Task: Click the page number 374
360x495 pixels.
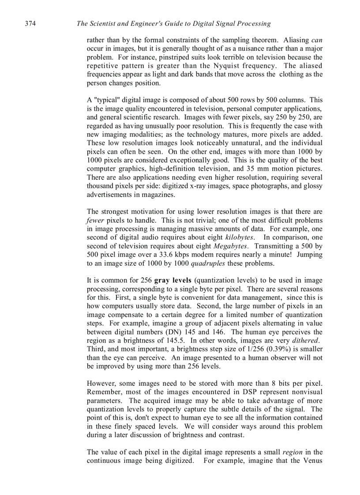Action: pyautogui.click(x=30, y=23)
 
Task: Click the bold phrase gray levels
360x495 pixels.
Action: pyautogui.click(x=172, y=280)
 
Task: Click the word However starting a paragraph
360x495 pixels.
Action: pyautogui.click(x=101, y=383)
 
